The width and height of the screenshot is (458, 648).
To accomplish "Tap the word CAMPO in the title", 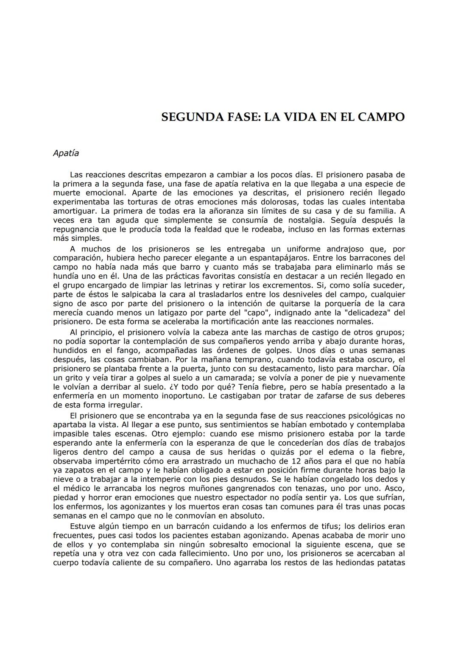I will coord(381,117).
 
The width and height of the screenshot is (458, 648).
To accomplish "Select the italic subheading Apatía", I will coord(66,153).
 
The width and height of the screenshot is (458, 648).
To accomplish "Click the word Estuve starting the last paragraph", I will coord(82,526).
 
